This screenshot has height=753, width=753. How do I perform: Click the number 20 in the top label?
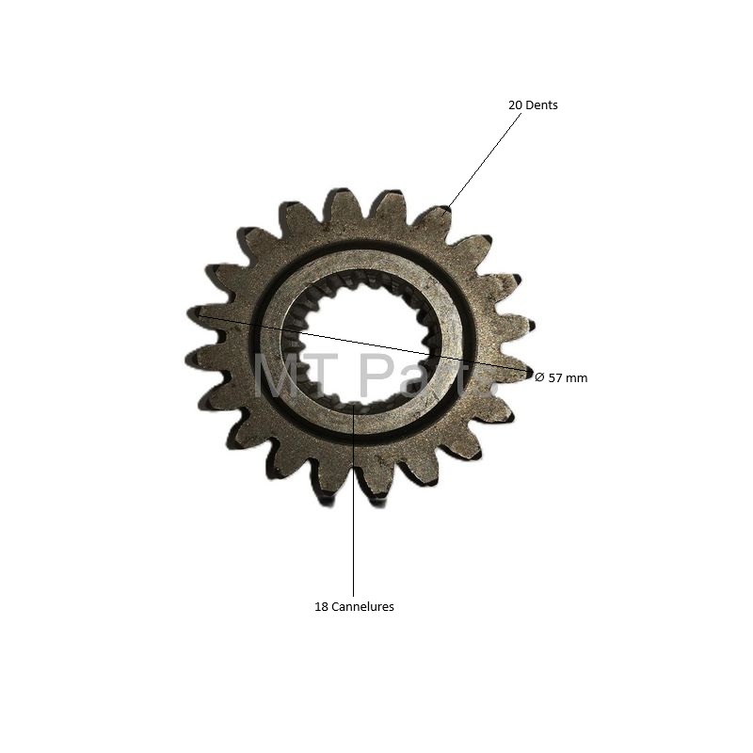click(515, 104)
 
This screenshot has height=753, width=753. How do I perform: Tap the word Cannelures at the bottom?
click(362, 606)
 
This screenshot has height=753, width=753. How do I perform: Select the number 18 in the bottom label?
click(321, 606)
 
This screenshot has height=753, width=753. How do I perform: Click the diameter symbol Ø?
click(539, 377)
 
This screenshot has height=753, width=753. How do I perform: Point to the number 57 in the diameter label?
click(555, 378)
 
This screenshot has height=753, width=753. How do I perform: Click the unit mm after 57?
click(576, 378)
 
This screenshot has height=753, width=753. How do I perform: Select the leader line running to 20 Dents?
click(484, 160)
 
